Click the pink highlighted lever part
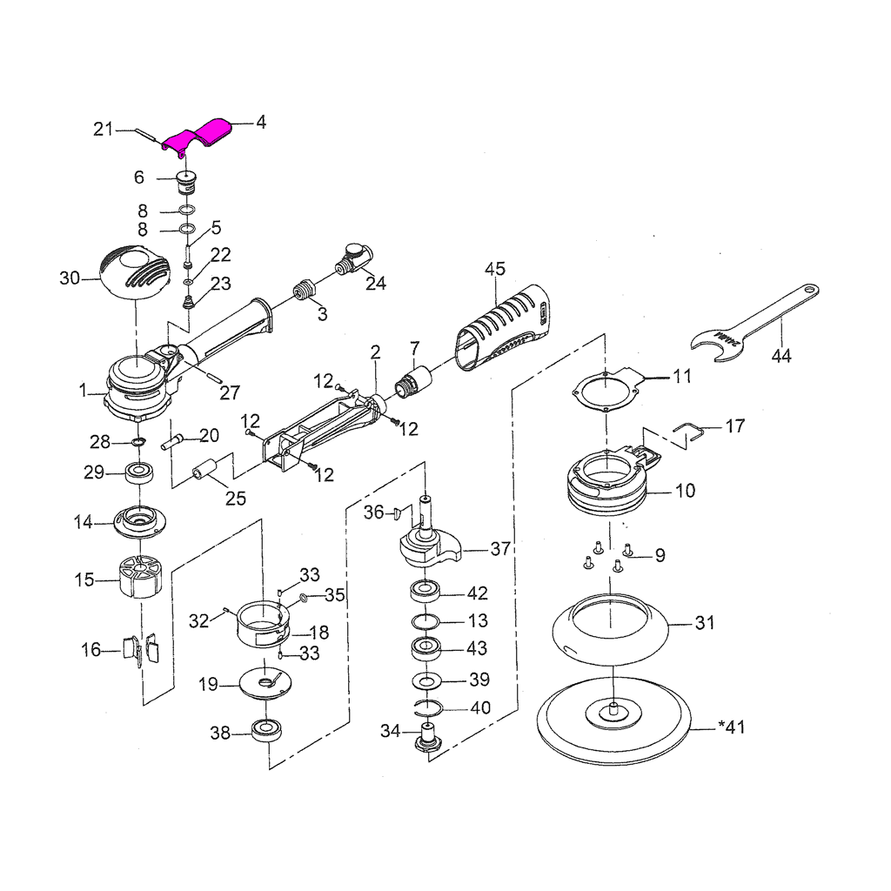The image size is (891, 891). click(x=198, y=137)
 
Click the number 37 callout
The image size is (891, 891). click(x=499, y=549)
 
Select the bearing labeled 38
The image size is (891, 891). click(x=265, y=731)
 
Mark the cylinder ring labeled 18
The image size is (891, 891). click(x=262, y=624)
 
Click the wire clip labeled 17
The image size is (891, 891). click(x=690, y=431)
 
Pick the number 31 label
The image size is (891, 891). click(x=704, y=623)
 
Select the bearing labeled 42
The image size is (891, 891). click(x=427, y=593)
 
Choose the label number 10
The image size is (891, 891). click(x=685, y=491)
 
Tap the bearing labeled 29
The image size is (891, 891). click(x=139, y=474)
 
